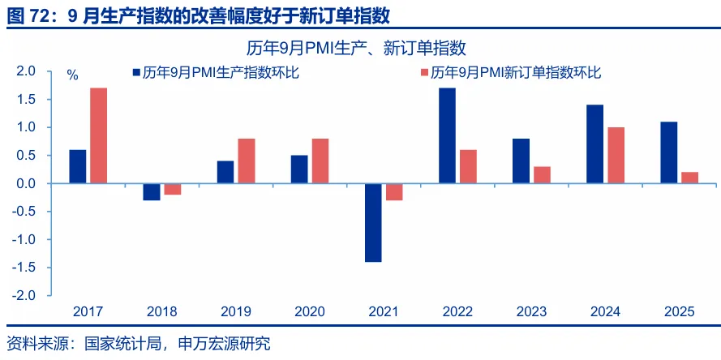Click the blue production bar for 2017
coord(78,167)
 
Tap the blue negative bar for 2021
coord(373,222)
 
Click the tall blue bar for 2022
coord(447,135)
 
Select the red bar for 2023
coord(541,175)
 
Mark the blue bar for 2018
coord(152,192)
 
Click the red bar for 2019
coord(246,161)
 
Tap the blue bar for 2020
coord(299,169)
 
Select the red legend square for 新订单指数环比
coord(424,73)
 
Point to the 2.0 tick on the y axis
coord(26,71)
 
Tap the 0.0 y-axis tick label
coord(26,184)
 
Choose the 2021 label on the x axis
coord(383,311)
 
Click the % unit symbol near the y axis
coord(72,75)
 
